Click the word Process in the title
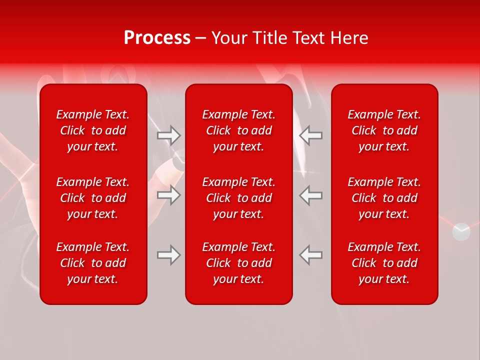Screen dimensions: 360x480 click(157, 38)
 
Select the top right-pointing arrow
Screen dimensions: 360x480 click(169, 135)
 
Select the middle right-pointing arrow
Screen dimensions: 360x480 click(169, 195)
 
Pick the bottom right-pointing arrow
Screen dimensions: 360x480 click(169, 255)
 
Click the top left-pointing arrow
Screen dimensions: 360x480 click(311, 135)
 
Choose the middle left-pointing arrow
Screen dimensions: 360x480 click(311, 195)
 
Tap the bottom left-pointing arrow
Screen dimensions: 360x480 click(311, 255)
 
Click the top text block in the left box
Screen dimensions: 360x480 click(93, 130)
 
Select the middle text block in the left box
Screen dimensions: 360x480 click(93, 198)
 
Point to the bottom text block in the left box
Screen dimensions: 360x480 click(93, 263)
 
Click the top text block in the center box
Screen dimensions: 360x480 click(239, 130)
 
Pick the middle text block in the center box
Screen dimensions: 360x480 click(239, 198)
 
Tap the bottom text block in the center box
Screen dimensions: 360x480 click(239, 263)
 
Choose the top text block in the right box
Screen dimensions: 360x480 click(384, 130)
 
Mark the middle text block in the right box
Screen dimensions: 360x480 click(384, 198)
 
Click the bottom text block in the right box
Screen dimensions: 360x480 click(384, 263)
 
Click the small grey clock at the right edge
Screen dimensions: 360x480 click(461, 231)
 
